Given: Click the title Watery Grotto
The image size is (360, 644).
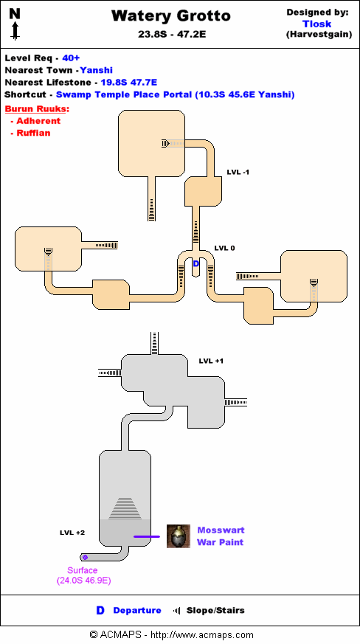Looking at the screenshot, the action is point(171,16).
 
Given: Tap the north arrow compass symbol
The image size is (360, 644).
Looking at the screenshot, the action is point(15,25).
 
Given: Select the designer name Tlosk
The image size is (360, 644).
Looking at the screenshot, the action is point(317,24).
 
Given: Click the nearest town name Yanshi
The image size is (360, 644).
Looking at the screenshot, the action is point(97,70).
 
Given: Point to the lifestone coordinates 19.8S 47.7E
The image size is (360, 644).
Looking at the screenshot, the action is point(129,83).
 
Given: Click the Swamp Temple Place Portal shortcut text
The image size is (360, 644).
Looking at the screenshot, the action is point(175,95).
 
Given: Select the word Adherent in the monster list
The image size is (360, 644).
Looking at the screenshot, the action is point(38,121).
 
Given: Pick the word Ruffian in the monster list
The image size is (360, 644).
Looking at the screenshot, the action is point(33,133).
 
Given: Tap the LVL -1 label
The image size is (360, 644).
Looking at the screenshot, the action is point(238,172).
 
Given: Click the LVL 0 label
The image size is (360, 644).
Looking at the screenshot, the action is point(224,248).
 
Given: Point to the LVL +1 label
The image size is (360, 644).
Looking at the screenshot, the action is point(211,361).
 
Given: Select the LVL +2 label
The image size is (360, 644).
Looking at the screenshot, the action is point(72,533).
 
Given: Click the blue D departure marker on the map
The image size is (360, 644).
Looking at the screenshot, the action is point(196,263).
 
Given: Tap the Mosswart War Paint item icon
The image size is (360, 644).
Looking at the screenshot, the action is point(179,536).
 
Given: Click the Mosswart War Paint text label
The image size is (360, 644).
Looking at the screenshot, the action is point(221,536).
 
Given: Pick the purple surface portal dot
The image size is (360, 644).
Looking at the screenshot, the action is point(85,558).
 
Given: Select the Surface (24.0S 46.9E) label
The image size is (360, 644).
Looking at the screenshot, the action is point(83,576).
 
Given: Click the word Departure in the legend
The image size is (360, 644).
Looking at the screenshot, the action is point(137,610).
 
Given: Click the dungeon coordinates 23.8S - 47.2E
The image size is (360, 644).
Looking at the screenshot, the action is point(172,35).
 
